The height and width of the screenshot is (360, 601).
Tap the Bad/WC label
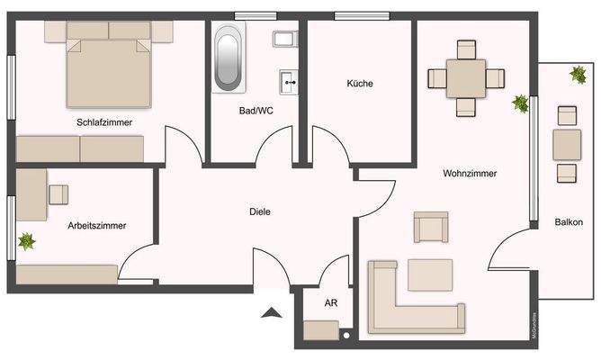point(256,111)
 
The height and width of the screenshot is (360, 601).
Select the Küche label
point(360,84)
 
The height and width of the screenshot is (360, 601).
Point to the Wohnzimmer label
point(470,173)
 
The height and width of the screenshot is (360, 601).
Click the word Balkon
point(569,222)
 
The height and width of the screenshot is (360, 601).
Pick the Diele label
point(260,211)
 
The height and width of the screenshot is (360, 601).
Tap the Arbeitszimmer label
point(96,225)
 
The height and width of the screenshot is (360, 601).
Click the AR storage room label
point(330,303)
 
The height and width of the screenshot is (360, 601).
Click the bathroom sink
point(289,81)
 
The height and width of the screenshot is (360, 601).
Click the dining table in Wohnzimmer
point(465,77)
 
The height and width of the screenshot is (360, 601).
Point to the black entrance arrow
point(270,313)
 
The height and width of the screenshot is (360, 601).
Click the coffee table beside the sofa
point(430,274)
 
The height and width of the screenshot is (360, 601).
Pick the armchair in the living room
point(430,226)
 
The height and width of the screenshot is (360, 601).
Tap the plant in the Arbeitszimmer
point(26,241)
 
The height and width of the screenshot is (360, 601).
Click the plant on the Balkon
point(577,75)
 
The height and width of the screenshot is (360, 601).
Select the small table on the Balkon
point(567,143)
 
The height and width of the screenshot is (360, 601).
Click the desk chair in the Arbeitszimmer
point(59,193)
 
